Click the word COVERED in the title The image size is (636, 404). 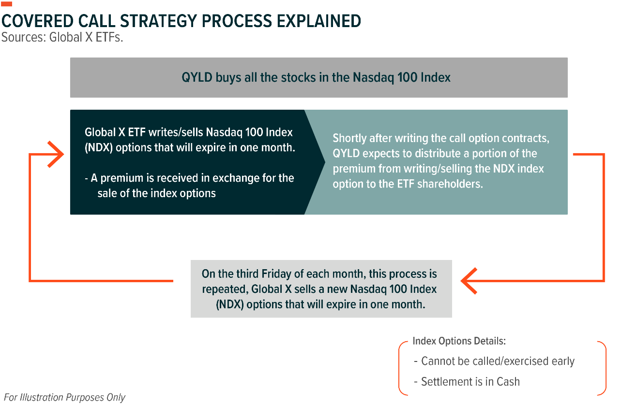(37, 21)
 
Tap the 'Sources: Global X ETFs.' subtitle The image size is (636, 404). (62, 37)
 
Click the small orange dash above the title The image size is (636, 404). (6, 4)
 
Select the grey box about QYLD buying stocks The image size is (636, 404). (318, 77)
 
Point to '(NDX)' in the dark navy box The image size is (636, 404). (99, 148)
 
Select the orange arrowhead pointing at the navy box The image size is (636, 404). (56, 154)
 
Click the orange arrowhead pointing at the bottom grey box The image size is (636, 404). (469, 281)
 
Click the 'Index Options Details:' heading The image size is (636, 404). (459, 341)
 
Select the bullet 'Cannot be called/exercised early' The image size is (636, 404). (494, 361)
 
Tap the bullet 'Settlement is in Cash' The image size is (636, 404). (467, 382)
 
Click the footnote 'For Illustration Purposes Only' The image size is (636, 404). (64, 398)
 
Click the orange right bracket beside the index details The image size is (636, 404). (606, 368)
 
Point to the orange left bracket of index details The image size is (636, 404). (399, 368)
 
